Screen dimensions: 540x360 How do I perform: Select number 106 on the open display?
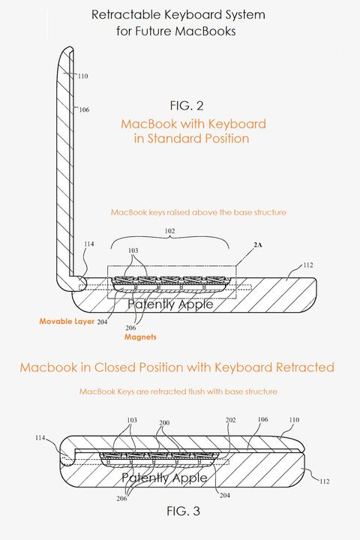(x=84, y=109)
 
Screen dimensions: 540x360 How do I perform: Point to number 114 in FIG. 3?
(x=43, y=437)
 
